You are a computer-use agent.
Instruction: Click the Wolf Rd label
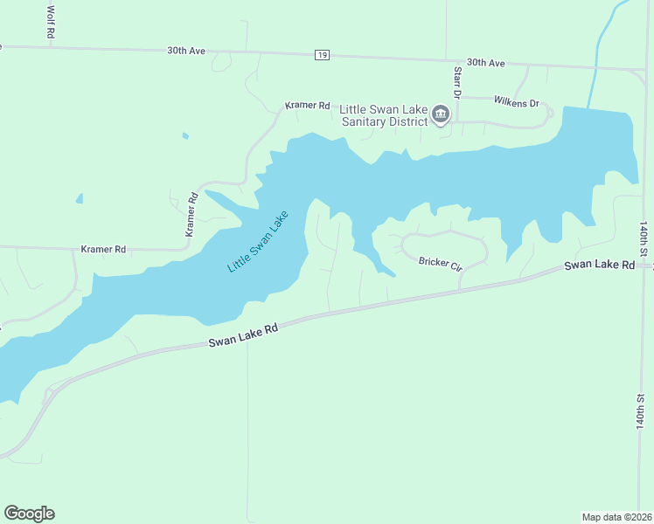click(50, 20)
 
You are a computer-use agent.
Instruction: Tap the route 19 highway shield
click(323, 55)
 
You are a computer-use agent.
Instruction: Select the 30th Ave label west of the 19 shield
click(186, 51)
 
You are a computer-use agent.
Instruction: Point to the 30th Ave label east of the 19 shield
click(486, 63)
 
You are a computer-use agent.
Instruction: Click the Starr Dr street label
click(456, 81)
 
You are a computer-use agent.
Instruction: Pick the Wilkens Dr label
click(517, 102)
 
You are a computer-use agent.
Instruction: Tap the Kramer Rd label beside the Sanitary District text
click(307, 106)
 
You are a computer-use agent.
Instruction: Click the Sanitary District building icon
click(442, 115)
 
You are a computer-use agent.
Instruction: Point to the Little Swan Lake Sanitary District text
click(383, 115)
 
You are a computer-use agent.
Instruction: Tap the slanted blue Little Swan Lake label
click(257, 242)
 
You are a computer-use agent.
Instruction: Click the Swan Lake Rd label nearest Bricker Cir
click(599, 265)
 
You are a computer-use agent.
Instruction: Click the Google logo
click(29, 514)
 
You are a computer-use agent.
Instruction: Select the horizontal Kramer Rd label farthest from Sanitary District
click(103, 249)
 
